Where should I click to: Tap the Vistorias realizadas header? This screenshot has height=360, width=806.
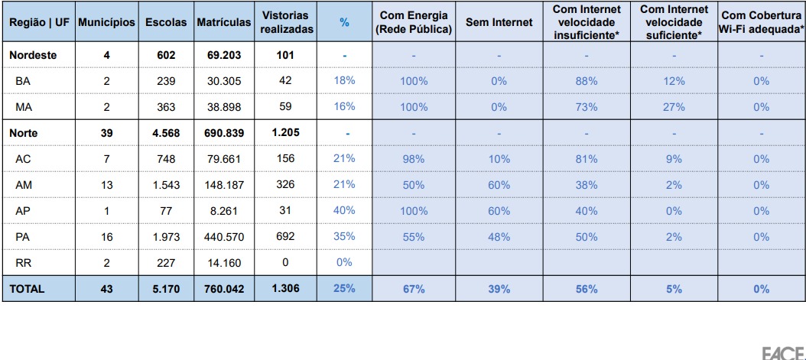tap(284, 23)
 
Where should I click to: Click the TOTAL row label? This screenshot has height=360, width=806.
tap(28, 290)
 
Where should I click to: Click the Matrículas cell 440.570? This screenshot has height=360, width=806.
tap(224, 237)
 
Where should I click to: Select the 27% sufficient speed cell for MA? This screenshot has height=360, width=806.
tap(672, 107)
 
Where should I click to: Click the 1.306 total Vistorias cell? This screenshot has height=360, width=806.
tap(284, 290)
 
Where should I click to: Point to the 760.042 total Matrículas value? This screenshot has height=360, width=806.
tap(224, 290)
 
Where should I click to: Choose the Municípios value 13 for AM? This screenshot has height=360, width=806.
tap(108, 184)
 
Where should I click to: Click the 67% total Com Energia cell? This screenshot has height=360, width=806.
tap(413, 290)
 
